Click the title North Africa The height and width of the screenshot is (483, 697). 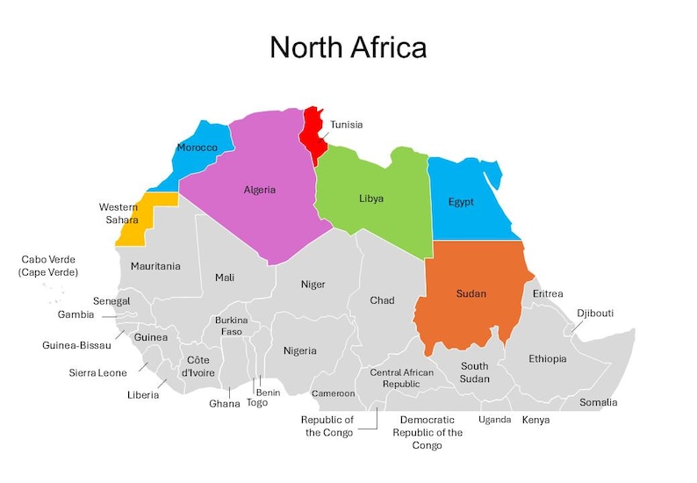(x=348, y=47)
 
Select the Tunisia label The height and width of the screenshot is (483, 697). (x=346, y=125)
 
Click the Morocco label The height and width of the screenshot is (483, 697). (x=197, y=148)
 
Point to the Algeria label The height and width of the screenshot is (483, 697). (x=260, y=190)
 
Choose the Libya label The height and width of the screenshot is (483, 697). (x=371, y=198)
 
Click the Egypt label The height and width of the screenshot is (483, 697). (x=461, y=202)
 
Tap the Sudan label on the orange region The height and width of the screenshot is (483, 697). (x=471, y=293)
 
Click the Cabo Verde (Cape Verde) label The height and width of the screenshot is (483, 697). (x=48, y=266)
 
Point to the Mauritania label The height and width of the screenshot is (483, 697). (x=155, y=266)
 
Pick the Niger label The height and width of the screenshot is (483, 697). (x=313, y=285)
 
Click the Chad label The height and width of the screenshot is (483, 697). (x=382, y=300)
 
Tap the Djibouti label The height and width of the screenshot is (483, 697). (x=595, y=314)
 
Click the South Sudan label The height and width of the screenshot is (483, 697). (x=474, y=372)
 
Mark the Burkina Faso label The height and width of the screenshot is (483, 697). (x=232, y=326)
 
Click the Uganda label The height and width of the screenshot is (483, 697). (x=494, y=420)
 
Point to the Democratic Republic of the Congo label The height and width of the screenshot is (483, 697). (x=427, y=432)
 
